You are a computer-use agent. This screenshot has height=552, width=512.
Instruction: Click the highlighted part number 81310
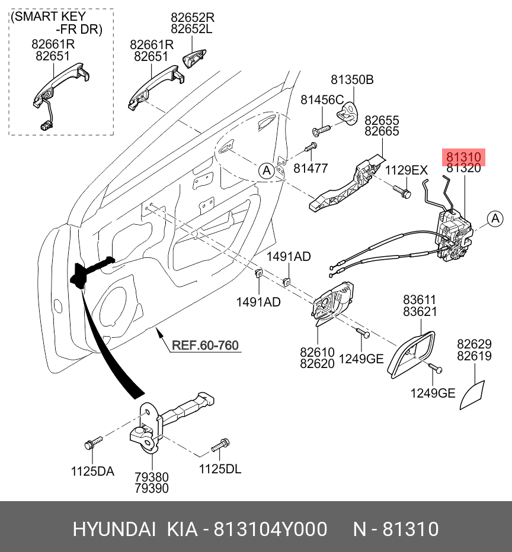tap(463, 157)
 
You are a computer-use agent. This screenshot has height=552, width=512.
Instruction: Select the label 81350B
tap(352, 80)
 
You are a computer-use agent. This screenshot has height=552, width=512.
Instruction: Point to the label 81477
tap(310, 169)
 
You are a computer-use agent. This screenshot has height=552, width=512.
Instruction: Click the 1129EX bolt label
tap(406, 171)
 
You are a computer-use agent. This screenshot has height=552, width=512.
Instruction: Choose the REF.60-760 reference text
tap(205, 345)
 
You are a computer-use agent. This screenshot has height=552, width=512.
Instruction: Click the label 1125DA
tap(92, 472)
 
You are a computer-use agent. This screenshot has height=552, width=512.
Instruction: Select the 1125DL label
tap(220, 469)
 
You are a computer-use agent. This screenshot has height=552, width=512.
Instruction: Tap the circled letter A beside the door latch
tap(495, 219)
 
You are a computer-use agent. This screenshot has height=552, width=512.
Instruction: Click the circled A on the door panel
tap(267, 171)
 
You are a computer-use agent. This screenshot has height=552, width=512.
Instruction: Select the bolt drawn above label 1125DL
tap(220, 444)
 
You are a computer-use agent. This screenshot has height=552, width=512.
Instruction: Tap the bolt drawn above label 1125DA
tap(94, 442)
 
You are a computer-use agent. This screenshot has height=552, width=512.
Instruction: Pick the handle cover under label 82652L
tap(195, 60)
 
